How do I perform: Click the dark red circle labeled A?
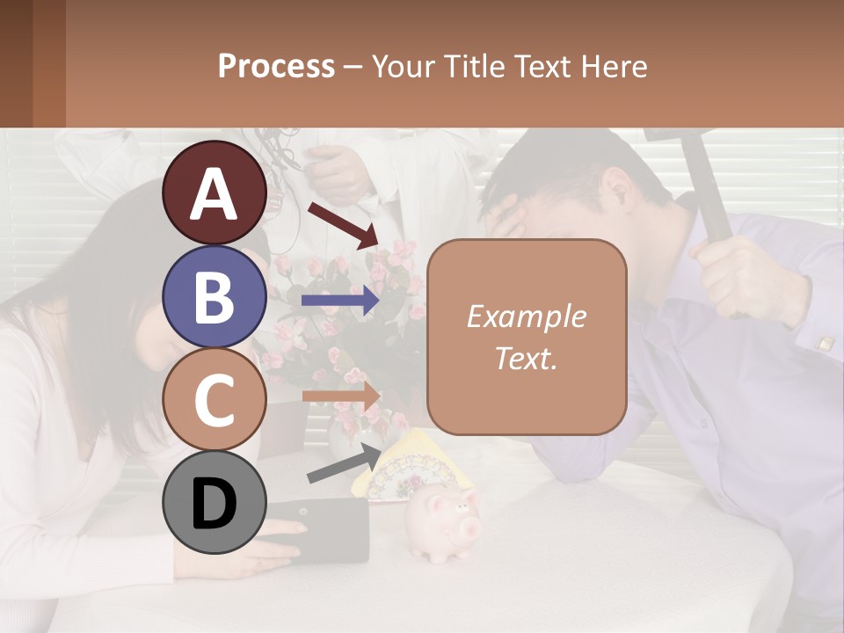point(214,193)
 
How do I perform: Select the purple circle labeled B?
point(214,296)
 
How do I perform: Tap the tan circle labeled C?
point(214,399)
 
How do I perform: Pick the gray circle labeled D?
point(214,502)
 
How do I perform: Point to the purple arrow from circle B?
point(339,301)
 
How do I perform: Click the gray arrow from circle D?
point(344,464)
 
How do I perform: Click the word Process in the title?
point(276,66)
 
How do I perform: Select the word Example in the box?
point(527,316)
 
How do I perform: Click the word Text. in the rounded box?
point(527,358)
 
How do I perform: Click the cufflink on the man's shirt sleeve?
point(825,344)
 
